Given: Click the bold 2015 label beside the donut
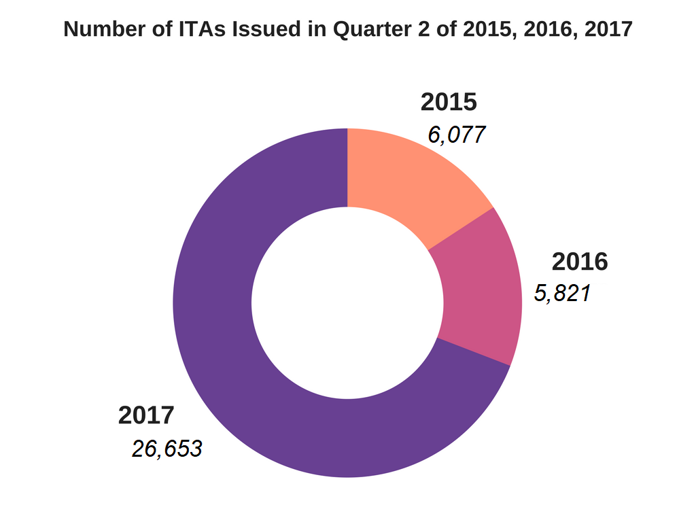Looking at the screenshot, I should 449,103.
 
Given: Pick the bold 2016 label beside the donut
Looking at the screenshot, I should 580,262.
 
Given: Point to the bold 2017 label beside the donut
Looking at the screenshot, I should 146,415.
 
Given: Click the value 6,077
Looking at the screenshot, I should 456,135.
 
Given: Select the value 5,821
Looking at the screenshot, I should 562,293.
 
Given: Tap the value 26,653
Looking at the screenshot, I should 167,449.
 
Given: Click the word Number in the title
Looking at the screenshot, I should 97,30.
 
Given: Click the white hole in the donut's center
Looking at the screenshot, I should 347,302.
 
